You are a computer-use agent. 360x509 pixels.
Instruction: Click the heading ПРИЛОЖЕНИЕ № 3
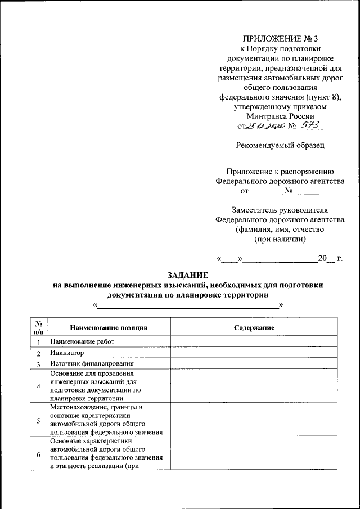pos(280,39)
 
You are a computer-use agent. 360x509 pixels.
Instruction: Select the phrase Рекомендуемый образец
pos(280,145)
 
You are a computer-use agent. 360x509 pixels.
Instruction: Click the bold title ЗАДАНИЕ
pos(187,275)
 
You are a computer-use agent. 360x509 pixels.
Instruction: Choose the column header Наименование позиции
pos(109,327)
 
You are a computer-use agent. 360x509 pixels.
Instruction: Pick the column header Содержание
pos(254,327)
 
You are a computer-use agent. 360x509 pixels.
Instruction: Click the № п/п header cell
pos(39,327)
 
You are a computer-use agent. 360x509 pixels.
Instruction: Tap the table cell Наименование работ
pos(82,342)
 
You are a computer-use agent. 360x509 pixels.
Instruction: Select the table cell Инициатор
pos(66,353)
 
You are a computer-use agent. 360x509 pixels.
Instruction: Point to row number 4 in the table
pos(38,386)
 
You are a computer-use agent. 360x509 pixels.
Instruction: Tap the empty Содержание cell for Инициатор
pos(254,353)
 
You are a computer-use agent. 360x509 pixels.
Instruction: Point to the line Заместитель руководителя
pos(280,209)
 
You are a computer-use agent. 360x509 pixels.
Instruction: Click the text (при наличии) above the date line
pos(280,238)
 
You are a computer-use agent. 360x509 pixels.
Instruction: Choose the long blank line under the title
pos(187,305)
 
